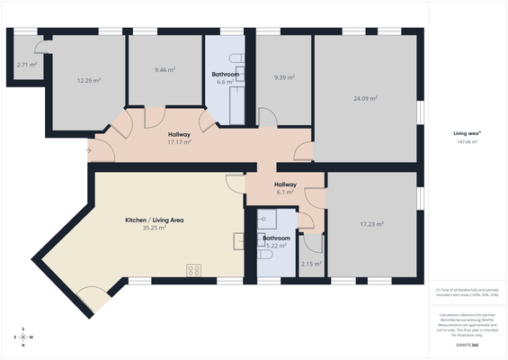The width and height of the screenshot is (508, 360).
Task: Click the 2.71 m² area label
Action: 26,65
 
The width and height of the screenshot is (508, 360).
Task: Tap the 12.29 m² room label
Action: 88,81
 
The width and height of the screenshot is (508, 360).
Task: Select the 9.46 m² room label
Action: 165,69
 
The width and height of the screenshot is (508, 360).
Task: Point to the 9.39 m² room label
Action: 285,77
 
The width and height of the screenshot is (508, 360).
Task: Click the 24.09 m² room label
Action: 365,98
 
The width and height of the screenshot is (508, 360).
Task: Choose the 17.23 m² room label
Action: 372,224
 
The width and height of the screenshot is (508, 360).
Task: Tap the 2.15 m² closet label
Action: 312,264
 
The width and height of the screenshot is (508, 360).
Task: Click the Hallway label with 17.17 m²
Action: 180,134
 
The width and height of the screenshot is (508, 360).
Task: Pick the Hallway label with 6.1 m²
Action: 285,184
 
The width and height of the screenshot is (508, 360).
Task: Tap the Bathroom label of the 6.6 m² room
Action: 225,74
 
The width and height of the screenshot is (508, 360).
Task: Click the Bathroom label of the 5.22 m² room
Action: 275,238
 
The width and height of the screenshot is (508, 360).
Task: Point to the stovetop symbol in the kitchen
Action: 192,269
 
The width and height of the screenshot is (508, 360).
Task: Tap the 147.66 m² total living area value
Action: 467,141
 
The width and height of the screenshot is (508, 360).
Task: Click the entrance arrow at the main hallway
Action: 88,150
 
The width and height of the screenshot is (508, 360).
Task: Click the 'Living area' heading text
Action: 466,132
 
